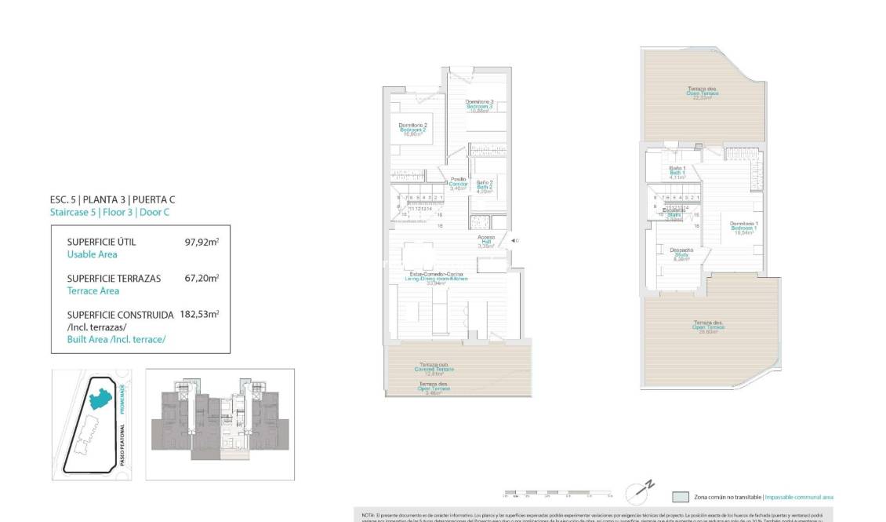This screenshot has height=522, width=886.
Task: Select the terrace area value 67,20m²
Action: click(x=202, y=278)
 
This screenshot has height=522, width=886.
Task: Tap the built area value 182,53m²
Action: click(x=199, y=314)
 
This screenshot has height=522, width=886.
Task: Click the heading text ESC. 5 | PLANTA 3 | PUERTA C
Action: click(x=112, y=200)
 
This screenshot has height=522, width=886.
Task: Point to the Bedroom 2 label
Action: click(x=412, y=130)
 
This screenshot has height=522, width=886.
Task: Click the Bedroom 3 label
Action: click(x=479, y=106)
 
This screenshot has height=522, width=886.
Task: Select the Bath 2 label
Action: click(x=485, y=187)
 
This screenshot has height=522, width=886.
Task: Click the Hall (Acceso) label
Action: click(x=486, y=241)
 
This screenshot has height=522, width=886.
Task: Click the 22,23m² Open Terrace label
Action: click(x=703, y=93)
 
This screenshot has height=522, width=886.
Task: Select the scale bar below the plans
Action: click(x=557, y=495)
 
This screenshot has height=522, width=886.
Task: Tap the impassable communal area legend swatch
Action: click(x=681, y=497)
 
